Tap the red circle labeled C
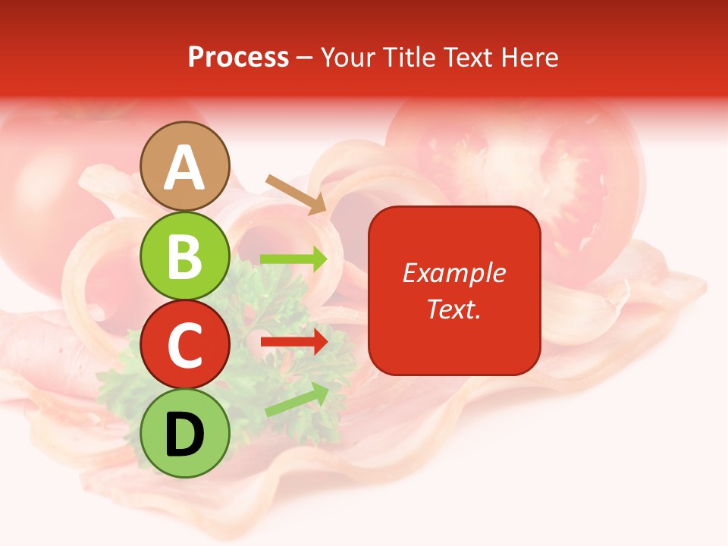coord(185,344)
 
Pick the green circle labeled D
coord(185,433)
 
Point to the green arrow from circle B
coord(293,259)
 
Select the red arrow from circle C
coord(293,342)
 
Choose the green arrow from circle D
coord(297,400)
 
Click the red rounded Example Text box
coord(454,290)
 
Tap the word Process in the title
coord(238,57)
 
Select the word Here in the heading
coord(529,57)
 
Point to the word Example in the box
coord(454,273)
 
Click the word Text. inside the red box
coord(454,309)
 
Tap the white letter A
coord(185,168)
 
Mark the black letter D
coord(185,435)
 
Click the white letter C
coord(185,345)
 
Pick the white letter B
coord(185,256)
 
